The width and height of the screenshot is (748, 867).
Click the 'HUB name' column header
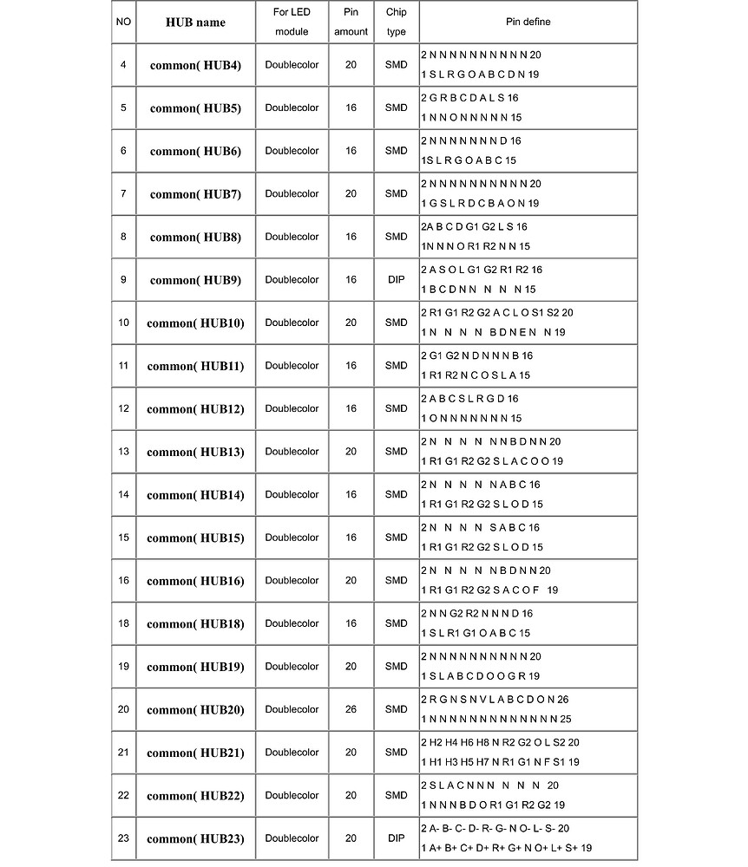pos(195,23)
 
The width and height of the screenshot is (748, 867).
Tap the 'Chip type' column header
pos(396,22)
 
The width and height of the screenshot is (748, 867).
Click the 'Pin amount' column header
pos(351,22)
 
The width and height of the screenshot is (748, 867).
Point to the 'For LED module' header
pos(292,22)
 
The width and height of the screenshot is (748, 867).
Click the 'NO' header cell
pos(123,22)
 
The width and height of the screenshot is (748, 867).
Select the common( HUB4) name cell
pos(195,65)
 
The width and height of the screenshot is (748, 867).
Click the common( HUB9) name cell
pos(195,280)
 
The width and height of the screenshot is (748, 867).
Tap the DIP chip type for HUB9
pos(396,280)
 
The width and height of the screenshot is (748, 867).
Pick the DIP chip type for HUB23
pos(396,838)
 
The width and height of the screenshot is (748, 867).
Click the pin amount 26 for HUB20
pos(351,709)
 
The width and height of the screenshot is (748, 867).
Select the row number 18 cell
pos(123,623)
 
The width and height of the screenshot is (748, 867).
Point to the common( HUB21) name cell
pos(195,753)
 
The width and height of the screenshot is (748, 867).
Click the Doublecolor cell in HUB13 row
pos(292,452)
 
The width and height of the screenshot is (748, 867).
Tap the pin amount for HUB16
pos(351,581)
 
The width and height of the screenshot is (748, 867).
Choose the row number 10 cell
pos(123,323)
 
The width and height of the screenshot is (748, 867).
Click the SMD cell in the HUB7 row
pos(396,193)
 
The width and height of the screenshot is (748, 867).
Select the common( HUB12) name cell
pos(195,408)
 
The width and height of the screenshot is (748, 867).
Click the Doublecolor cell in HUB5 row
pos(292,108)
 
